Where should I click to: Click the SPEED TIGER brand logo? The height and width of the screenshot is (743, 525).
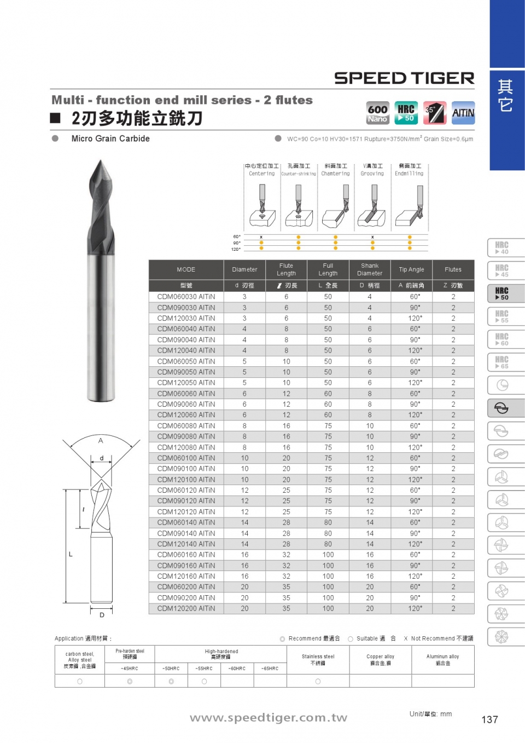tap(404, 78)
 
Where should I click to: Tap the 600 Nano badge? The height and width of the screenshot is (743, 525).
tap(377, 113)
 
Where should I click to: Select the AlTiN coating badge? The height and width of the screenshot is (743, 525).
tap(463, 113)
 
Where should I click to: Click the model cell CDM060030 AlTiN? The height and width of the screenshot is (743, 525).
tap(186, 297)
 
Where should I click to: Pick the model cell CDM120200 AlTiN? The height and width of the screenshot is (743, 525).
tap(186, 608)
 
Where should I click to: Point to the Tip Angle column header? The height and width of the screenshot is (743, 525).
tap(411, 269)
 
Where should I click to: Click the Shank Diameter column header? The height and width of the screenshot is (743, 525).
tap(370, 269)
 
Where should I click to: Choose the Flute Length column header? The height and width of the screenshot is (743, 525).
tap(286, 269)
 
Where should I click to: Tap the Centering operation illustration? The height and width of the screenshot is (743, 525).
tap(262, 206)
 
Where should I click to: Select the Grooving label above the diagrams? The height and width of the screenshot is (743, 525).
tap(372, 174)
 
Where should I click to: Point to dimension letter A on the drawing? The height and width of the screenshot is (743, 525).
tap(101, 440)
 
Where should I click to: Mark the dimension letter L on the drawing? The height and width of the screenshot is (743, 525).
tap(71, 554)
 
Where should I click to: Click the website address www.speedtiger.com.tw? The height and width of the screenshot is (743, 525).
tap(269, 718)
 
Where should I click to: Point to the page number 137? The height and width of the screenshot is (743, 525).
tap(489, 719)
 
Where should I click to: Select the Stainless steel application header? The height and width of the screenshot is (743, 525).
tap(318, 659)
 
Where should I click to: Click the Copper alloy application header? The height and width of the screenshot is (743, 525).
tap(380, 659)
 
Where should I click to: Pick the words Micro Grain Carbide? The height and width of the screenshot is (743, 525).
tap(110, 139)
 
